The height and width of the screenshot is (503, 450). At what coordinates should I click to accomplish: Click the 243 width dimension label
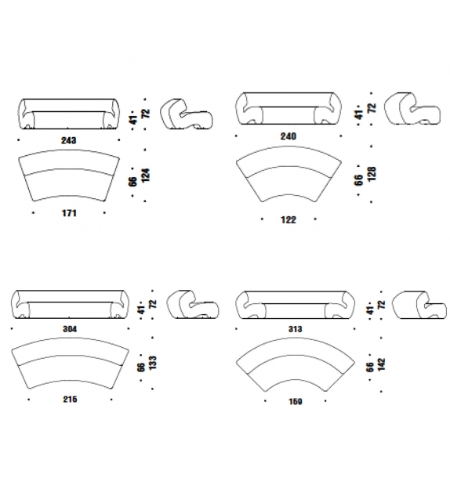point(69,140)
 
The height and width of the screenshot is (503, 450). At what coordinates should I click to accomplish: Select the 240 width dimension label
point(289,136)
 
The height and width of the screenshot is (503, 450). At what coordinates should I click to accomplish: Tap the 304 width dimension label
point(70,329)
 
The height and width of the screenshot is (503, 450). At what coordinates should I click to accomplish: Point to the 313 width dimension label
point(295,329)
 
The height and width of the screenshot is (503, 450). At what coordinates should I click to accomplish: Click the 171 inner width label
point(69,213)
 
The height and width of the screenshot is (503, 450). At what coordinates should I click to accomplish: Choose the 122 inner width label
point(289,219)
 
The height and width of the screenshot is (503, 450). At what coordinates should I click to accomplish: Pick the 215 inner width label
point(70,399)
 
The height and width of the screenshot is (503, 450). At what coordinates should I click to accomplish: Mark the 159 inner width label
point(295,401)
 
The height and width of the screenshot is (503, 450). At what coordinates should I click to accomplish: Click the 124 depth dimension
point(146,176)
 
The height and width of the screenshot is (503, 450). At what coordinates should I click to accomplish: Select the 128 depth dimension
point(372,174)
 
